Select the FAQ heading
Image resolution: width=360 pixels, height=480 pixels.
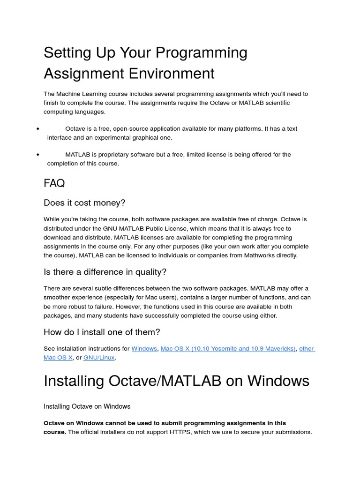click(x=54, y=183)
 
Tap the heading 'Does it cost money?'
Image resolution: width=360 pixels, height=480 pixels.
click(x=84, y=203)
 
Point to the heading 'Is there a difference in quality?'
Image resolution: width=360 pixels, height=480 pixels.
click(x=105, y=272)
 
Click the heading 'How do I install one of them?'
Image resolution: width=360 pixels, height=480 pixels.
click(x=102, y=332)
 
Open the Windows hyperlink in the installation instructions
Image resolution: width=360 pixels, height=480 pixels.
click(x=144, y=349)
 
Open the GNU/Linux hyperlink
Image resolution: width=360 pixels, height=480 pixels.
click(x=99, y=358)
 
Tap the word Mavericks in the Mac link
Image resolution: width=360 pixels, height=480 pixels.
click(x=277, y=349)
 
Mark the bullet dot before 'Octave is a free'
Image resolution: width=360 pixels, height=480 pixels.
click(x=37, y=129)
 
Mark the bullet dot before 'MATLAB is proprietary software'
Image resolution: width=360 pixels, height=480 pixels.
click(x=37, y=155)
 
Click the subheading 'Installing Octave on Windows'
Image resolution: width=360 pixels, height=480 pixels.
click(x=87, y=406)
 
